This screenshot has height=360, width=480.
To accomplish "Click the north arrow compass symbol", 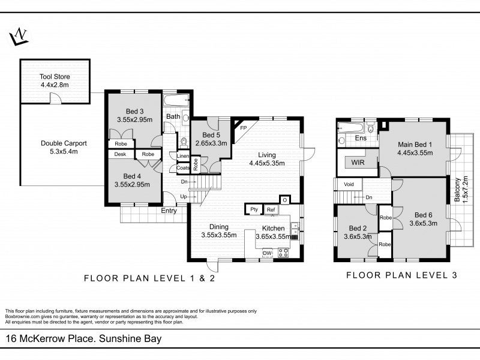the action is (x=19, y=37).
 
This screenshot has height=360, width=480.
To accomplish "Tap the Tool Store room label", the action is (x=55, y=77).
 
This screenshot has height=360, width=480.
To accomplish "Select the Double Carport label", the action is (x=64, y=143).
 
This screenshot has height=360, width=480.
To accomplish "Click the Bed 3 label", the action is (x=134, y=112).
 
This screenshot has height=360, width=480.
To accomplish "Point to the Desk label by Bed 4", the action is (x=120, y=154).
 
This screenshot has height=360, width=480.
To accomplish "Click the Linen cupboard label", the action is (x=183, y=156).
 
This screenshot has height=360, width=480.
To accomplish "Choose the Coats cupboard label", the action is (x=183, y=168).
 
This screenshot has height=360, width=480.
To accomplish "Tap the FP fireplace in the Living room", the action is (x=244, y=128).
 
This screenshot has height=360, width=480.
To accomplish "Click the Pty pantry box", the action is (x=254, y=209).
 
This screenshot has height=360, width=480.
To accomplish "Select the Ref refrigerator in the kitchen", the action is (x=271, y=209).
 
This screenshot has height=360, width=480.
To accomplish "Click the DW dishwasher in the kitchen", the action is (x=267, y=253).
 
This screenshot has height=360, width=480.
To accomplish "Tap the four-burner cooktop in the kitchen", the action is (x=283, y=253).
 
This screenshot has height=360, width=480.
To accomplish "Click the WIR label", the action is (x=358, y=162).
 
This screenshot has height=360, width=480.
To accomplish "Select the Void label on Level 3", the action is (x=349, y=184).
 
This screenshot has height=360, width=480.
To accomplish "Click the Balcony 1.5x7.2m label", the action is (x=461, y=190).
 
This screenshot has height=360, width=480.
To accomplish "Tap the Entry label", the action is (x=169, y=211).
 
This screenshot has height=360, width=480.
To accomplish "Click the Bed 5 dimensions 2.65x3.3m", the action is (x=211, y=143).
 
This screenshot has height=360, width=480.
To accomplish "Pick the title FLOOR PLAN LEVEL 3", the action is (x=401, y=275).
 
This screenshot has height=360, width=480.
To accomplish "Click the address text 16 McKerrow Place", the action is (x=50, y=338).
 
